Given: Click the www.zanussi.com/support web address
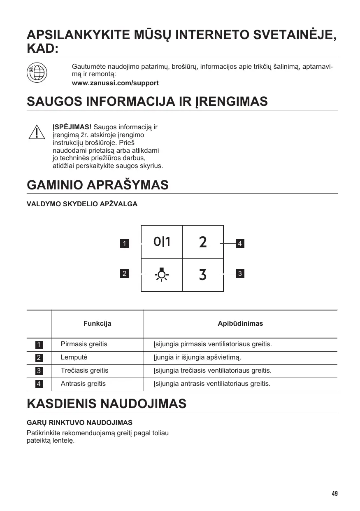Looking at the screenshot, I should [x=115, y=83].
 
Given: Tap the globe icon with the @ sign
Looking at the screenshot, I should [x=37, y=73].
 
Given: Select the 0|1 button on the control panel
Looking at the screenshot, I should [x=162, y=242].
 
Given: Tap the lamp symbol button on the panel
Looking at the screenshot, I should [x=162, y=275].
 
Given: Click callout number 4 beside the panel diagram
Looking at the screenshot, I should [x=240, y=244].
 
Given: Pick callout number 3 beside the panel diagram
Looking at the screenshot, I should [x=240, y=273].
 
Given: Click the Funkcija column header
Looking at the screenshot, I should [x=98, y=324].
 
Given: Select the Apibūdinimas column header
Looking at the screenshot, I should [x=240, y=324].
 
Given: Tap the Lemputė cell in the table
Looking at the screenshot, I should [x=74, y=357].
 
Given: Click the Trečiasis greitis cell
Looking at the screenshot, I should [x=84, y=371].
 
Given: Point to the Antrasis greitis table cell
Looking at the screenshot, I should [x=83, y=384].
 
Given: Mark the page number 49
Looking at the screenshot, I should [x=334, y=494].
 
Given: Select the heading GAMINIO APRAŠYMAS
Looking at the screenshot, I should [x=98, y=185].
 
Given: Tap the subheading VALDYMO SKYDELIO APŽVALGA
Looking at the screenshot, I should [x=82, y=204].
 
